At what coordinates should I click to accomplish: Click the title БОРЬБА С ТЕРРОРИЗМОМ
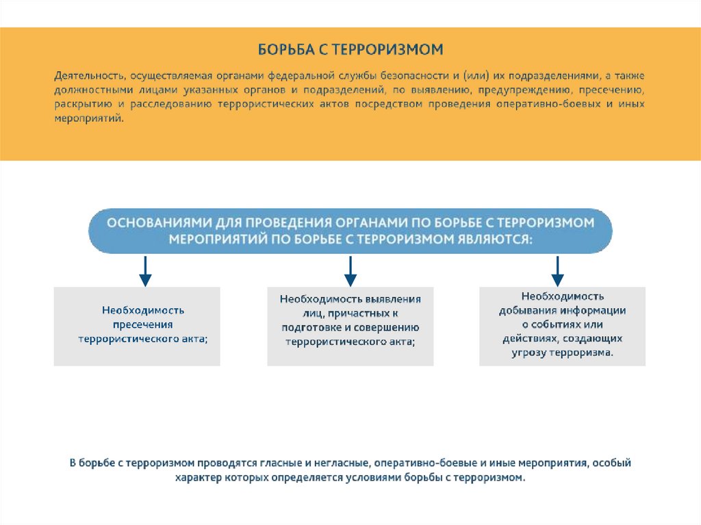[350, 50]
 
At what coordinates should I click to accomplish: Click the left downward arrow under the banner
[145, 271]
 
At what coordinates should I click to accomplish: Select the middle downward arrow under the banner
[350, 271]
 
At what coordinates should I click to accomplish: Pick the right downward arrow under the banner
[557, 271]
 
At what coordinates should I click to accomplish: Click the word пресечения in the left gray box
[144, 324]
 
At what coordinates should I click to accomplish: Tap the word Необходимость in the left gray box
[144, 310]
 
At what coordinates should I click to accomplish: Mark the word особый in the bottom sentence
[611, 463]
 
